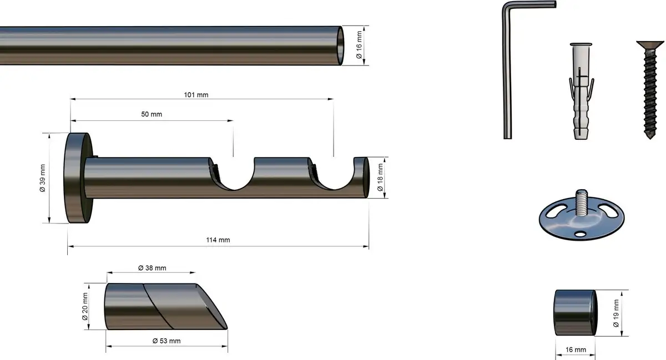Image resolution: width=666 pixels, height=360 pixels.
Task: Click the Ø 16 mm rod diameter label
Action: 359,45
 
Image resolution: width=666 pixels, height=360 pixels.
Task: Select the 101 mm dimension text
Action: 196,95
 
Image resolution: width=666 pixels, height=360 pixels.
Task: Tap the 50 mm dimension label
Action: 152,114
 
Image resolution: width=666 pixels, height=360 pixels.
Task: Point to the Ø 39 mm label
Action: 43,178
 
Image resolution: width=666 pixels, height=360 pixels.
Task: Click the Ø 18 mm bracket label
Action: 380,178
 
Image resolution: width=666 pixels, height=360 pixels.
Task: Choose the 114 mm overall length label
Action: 218,240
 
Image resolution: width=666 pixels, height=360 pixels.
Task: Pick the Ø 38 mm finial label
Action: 152,268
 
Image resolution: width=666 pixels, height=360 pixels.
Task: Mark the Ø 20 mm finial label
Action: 85,306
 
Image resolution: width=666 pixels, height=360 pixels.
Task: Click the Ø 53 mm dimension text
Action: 167,341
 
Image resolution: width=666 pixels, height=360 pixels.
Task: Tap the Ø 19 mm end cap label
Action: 616,313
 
